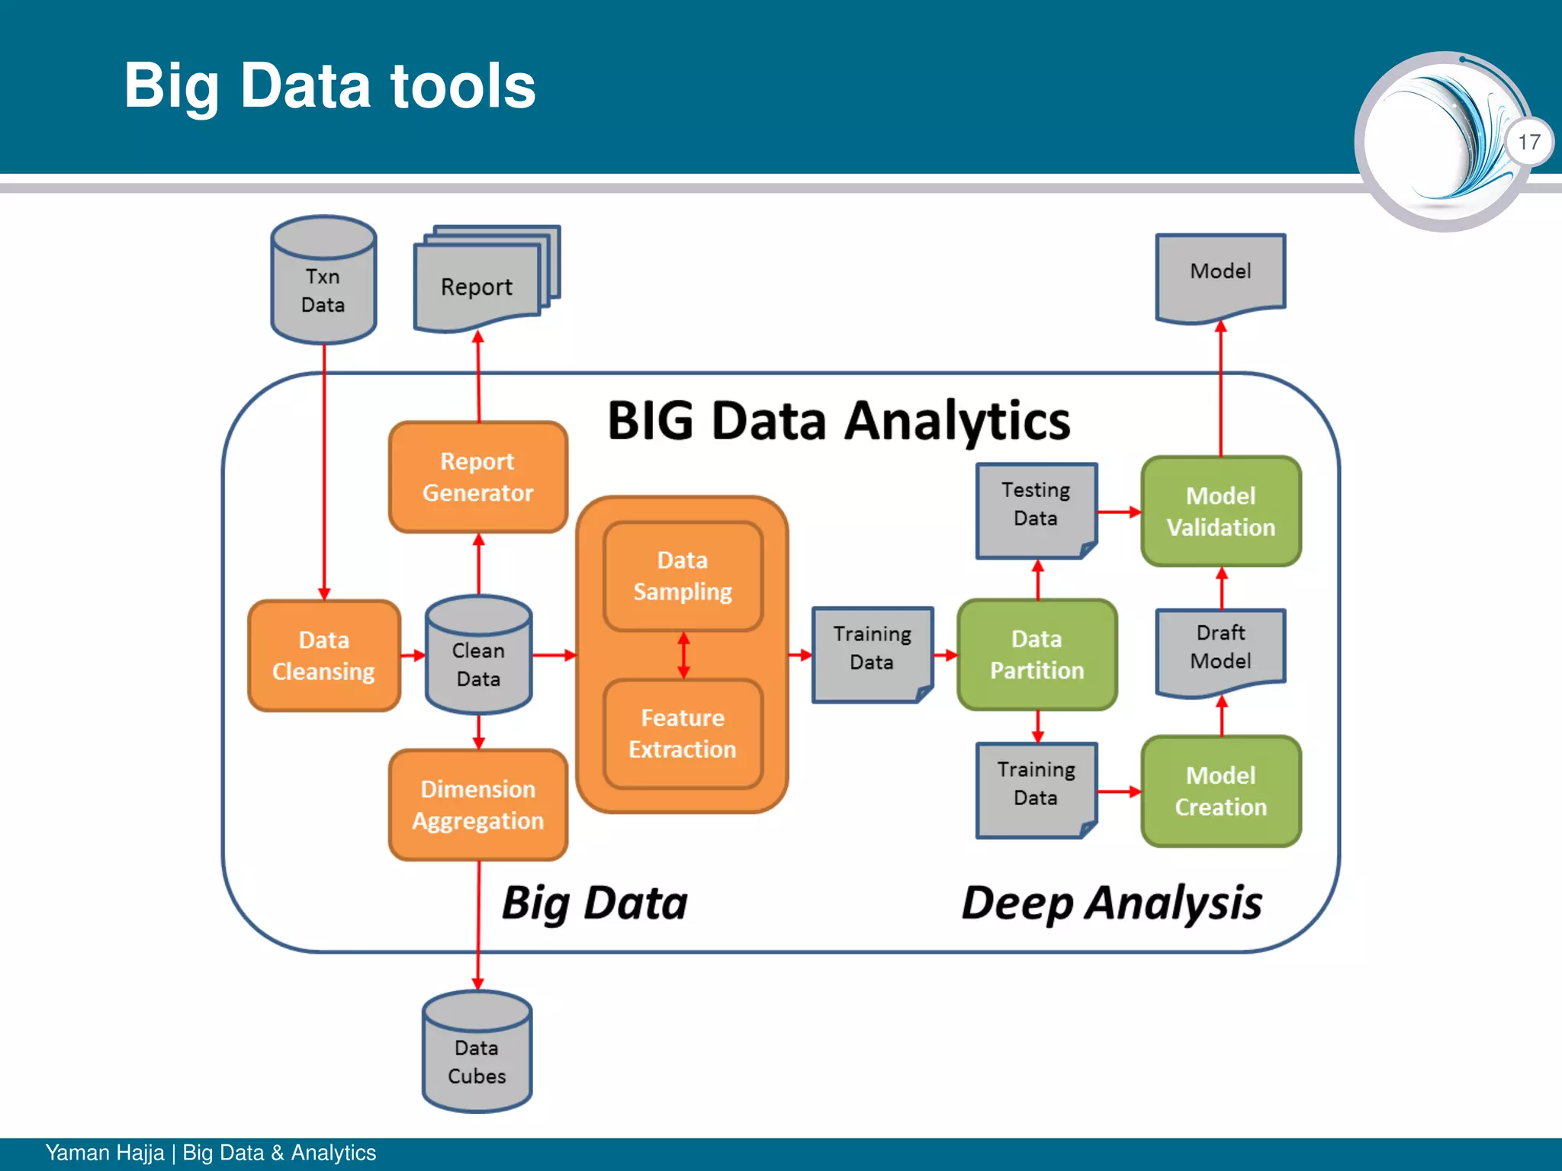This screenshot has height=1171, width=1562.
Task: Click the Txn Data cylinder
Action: (323, 282)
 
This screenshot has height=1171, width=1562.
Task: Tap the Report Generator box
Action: (478, 477)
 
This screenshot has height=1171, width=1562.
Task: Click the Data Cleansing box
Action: (324, 656)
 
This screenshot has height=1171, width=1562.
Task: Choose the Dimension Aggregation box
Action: (478, 805)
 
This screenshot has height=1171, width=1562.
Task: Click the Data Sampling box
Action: (683, 576)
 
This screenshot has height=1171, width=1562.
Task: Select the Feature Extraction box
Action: (683, 733)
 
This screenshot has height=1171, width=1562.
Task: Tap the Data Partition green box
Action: (1037, 655)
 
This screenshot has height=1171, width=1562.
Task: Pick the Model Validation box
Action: (1220, 512)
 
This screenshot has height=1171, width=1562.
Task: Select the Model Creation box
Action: (1220, 791)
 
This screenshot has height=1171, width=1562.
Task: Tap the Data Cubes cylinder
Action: (477, 1056)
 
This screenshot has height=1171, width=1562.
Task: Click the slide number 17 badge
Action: (1528, 142)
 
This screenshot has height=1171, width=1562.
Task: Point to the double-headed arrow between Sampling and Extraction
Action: (683, 655)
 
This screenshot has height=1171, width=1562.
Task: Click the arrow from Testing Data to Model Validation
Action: (1119, 512)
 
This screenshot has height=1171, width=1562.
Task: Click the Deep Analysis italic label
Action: (1111, 903)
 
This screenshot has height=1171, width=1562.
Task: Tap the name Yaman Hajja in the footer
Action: (104, 1153)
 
